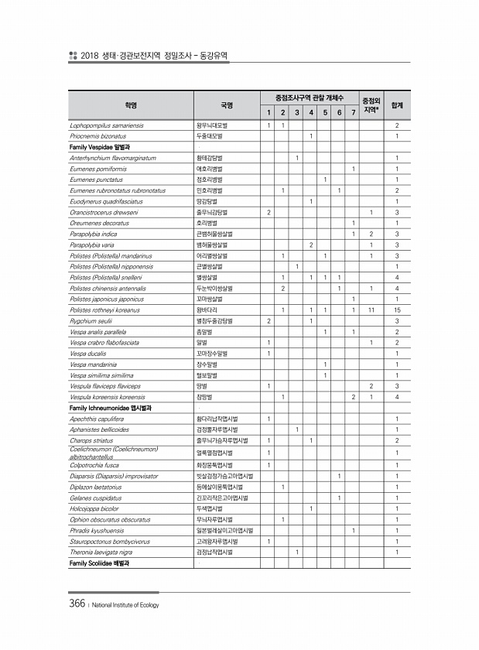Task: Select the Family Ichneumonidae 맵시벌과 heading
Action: [x=111, y=407]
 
